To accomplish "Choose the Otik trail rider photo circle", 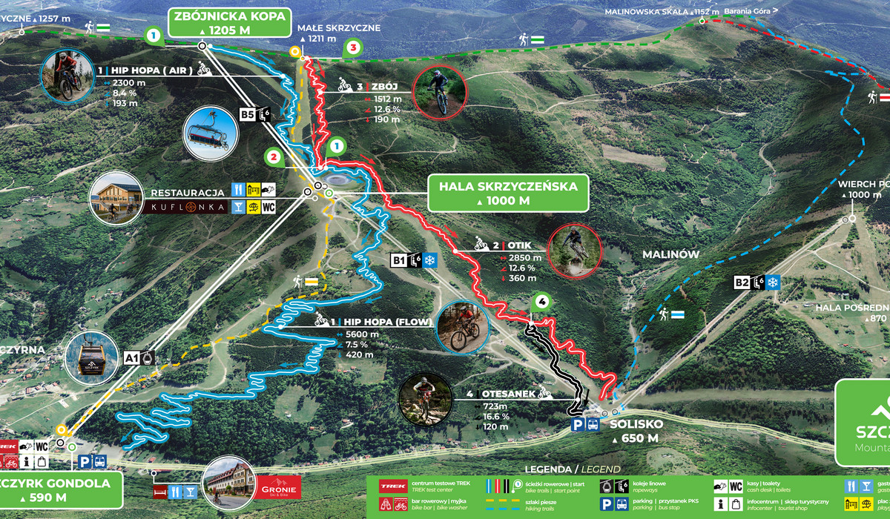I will point(575,251).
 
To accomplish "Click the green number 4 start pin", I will point(542,303).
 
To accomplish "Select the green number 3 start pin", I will point(353,48).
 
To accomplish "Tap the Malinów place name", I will point(670,254).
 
